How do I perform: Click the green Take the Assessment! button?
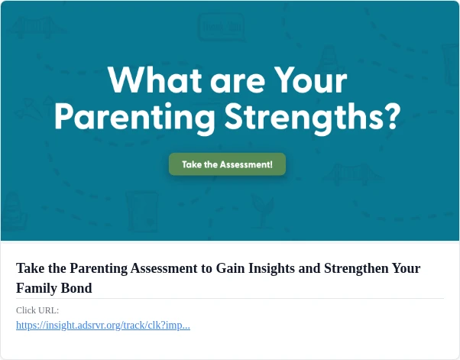[x=228, y=164]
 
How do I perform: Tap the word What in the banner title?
[x=155, y=79]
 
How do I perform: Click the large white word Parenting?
[x=134, y=118]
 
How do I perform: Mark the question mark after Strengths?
[x=391, y=116]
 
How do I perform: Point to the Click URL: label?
[x=37, y=310]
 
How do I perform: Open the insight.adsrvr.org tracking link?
[x=103, y=326]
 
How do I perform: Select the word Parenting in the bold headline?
[x=99, y=269]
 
